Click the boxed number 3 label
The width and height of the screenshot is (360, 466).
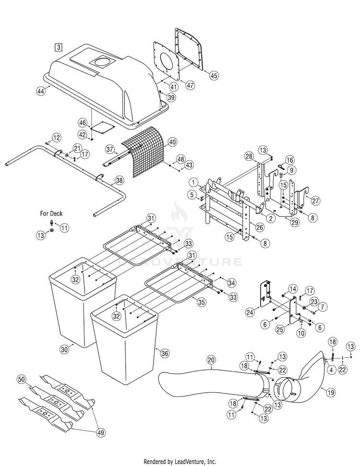coord(59,47)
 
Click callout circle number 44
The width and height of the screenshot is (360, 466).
coord(41,91)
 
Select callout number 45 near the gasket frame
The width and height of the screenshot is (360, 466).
coord(214,75)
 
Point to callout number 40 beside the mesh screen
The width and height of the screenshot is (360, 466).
coord(172,142)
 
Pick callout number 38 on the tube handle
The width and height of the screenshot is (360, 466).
coord(119,180)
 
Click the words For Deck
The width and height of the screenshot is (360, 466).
coord(51,214)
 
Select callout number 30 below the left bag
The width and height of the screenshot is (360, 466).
coord(64,349)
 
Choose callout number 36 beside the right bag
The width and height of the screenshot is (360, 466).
coord(165,353)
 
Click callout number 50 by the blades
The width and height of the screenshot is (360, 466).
coord(22,379)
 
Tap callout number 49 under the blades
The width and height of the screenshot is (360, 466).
coord(101,433)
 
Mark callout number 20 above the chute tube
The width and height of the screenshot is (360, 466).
coord(211,360)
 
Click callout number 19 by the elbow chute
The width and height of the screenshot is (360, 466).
coord(331,393)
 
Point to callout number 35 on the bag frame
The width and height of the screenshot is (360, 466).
coord(201,302)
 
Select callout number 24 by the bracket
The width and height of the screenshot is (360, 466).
coord(250,312)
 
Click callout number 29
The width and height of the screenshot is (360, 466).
coord(295,222)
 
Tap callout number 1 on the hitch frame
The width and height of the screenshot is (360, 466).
coord(193,182)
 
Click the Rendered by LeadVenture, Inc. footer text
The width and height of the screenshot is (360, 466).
coord(180,462)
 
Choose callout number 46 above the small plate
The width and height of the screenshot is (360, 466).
coord(83,123)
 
